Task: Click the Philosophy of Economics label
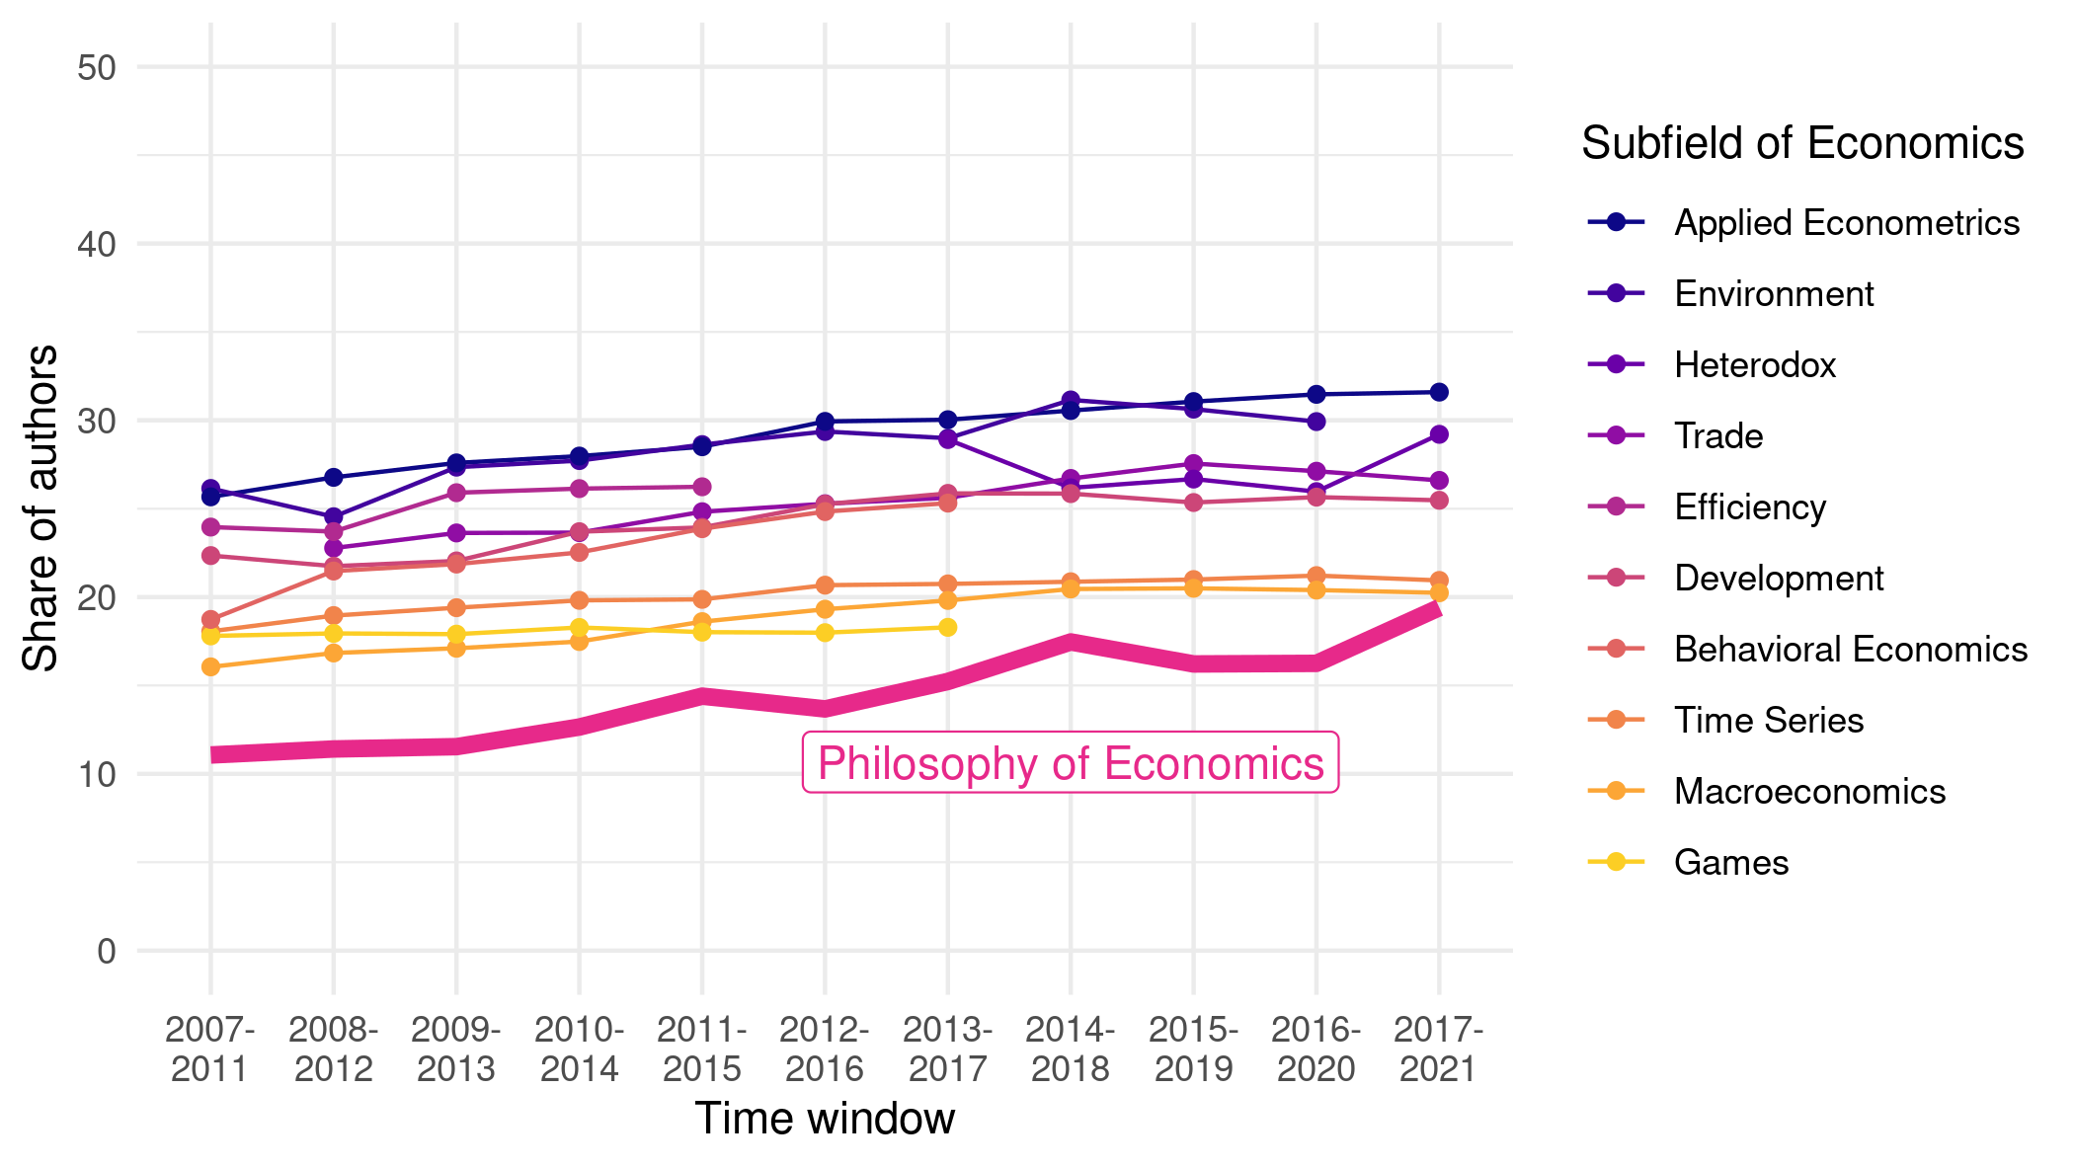coord(1071,763)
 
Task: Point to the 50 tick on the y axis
coord(97,67)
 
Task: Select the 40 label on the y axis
coord(97,244)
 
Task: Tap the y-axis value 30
coord(97,421)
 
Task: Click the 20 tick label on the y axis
coord(97,597)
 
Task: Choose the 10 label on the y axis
coord(97,774)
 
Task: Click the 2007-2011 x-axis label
coord(209,1049)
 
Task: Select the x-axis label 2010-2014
coord(579,1049)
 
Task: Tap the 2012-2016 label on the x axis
coord(825,1049)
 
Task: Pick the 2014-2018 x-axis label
coord(1071,1049)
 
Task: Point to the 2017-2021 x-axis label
coord(1439,1049)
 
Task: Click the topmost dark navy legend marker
coord(1616,222)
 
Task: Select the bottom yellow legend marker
coord(1616,862)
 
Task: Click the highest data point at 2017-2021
coord(1439,392)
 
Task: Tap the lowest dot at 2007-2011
coord(210,667)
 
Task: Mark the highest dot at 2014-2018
coord(1071,400)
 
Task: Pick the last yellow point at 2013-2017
coord(948,627)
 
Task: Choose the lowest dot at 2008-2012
coord(334,653)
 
